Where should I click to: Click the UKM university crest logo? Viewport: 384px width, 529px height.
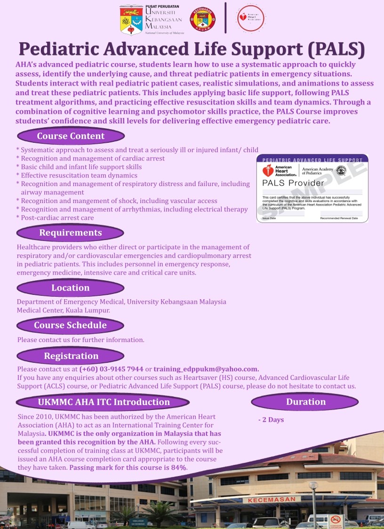tap(131, 20)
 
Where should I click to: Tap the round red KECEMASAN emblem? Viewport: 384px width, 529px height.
tap(203, 20)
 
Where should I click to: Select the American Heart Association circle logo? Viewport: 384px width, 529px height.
tap(250, 18)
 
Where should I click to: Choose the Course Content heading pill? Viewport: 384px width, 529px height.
tap(71, 137)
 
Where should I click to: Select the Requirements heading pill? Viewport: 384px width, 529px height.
tap(71, 233)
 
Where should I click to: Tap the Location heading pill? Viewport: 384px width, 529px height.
tap(71, 288)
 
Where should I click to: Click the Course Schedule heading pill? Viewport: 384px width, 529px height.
tap(71, 325)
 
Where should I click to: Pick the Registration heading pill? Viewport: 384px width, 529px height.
tap(71, 356)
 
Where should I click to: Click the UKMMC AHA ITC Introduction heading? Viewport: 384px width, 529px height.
tap(104, 402)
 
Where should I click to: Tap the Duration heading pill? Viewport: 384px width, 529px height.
tap(305, 402)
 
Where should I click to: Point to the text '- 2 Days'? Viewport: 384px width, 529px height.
tap(271, 419)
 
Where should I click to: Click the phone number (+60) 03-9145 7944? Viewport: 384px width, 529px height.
tap(112, 369)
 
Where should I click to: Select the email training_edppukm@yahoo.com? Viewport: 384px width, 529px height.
tap(206, 369)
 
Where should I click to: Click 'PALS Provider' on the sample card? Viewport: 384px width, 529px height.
tap(293, 183)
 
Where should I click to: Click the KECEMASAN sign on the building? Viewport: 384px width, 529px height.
tap(272, 499)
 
